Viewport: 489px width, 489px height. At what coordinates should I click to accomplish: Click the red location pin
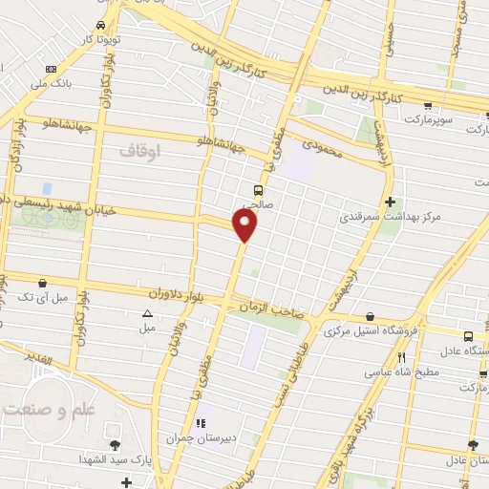pyautogui.click(x=245, y=225)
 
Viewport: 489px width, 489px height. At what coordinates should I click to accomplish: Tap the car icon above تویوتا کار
pyautogui.click(x=101, y=27)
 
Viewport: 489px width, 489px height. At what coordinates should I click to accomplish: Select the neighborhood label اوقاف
pyautogui.click(x=141, y=151)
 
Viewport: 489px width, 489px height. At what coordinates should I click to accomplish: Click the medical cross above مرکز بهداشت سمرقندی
pyautogui.click(x=390, y=202)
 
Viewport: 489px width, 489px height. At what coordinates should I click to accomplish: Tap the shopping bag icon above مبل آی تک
pyautogui.click(x=41, y=283)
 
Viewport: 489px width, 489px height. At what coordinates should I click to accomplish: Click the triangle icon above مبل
pyautogui.click(x=147, y=313)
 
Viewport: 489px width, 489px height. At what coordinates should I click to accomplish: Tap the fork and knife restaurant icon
pyautogui.click(x=401, y=357)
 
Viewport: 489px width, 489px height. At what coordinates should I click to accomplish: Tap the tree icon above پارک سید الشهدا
pyautogui.click(x=114, y=445)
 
